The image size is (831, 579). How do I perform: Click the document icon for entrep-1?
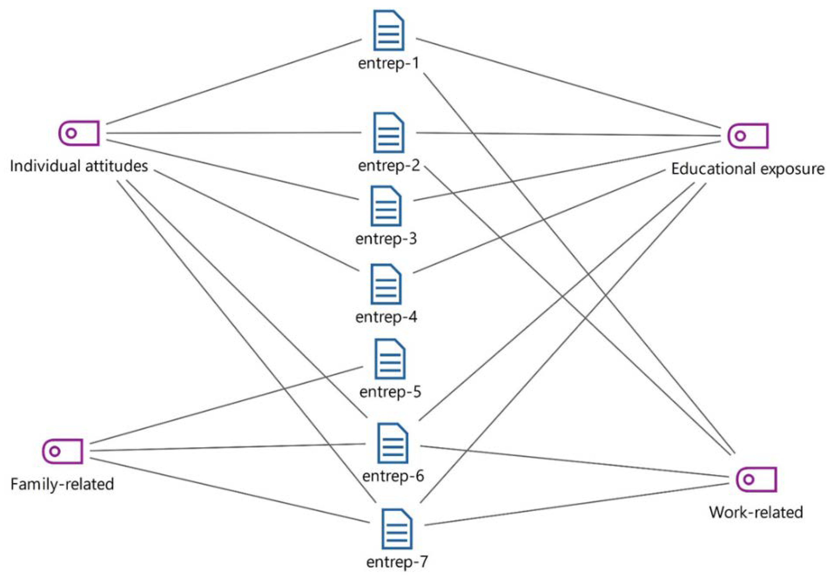(388, 30)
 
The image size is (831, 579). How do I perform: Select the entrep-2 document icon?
(388, 133)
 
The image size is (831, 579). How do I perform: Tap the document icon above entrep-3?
(386, 206)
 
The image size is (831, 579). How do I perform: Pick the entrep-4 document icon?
(386, 284)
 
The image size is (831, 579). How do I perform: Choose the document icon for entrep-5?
(390, 359)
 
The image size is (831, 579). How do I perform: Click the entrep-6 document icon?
(393, 443)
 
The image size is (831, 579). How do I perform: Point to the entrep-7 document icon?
(397, 529)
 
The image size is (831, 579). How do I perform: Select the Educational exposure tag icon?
(748, 136)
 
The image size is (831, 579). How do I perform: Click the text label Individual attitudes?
(79, 166)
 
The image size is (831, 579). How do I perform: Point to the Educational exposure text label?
(748, 169)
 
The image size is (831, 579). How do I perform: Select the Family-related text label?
(62, 484)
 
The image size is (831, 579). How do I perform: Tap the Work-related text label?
(756, 512)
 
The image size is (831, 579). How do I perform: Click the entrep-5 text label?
(390, 392)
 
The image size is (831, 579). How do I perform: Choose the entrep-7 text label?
(397, 562)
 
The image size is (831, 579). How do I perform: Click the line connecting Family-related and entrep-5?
(226, 405)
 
